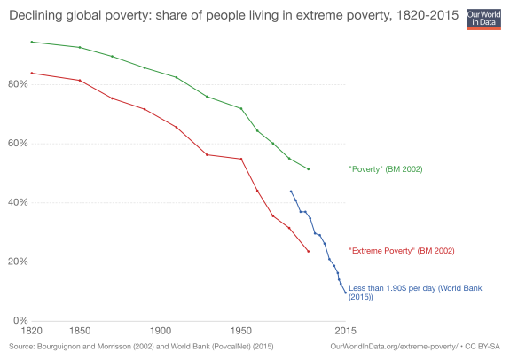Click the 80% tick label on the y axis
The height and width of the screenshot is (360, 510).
17,84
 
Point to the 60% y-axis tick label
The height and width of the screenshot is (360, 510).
17,143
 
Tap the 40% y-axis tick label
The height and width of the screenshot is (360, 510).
17,202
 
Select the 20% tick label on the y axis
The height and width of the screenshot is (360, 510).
17,262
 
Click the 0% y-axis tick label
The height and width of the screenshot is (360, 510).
20,320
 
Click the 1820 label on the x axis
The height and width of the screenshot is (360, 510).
31,331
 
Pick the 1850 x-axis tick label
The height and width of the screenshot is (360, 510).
80,331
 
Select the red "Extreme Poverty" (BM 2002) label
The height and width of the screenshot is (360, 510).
402,251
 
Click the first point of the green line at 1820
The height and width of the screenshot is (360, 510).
32,42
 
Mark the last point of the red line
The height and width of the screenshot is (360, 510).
308,251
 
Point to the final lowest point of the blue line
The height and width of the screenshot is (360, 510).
345,293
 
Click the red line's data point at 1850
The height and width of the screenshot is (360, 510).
80,80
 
